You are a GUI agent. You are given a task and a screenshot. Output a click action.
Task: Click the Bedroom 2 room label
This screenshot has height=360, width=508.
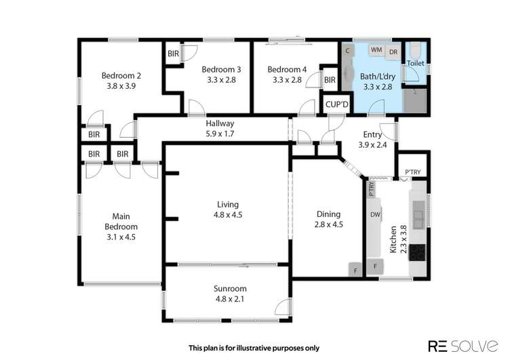[x=121, y=75]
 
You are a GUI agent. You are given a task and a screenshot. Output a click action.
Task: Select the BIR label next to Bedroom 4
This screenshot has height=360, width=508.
[x=330, y=81]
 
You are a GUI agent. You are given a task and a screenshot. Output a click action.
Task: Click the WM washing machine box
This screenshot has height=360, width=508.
[x=376, y=50]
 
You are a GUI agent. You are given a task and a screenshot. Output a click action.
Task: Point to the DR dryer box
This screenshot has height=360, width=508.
[x=393, y=50]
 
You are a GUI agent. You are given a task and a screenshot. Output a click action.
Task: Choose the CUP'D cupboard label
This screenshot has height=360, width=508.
[x=336, y=105]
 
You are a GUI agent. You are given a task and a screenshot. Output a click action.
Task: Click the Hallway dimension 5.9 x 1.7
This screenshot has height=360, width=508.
[x=220, y=134]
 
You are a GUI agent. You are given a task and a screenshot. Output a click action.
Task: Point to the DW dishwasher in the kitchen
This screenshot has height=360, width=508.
[x=374, y=214]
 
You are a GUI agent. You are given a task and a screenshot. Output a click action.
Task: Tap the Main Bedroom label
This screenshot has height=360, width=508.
[x=121, y=222]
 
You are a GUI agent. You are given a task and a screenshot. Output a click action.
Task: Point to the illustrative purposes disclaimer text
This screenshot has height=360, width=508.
[x=254, y=348]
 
